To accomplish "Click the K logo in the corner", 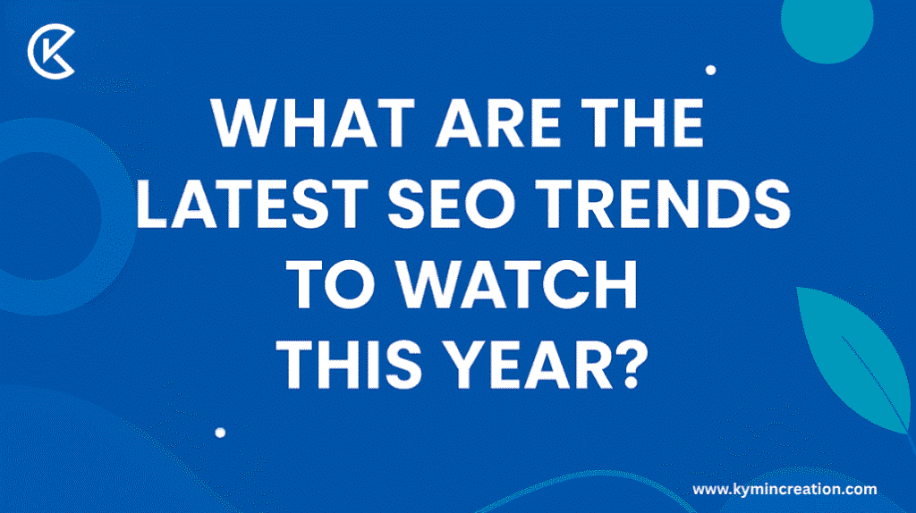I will (51, 53).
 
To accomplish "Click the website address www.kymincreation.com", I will (785, 489).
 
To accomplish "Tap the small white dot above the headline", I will (710, 69).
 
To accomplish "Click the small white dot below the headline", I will (220, 432).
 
